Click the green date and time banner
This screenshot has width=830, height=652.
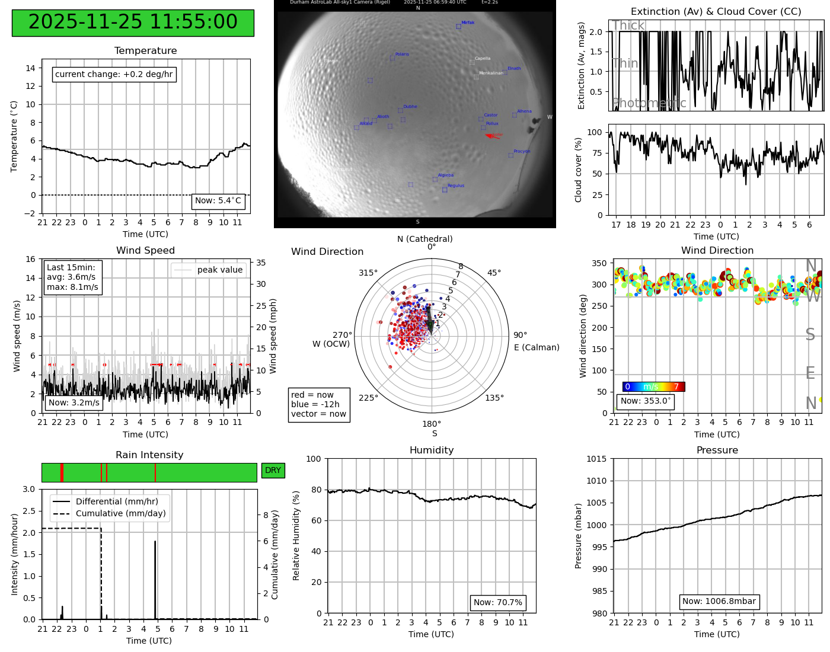click(133, 23)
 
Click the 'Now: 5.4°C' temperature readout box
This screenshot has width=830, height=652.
click(218, 201)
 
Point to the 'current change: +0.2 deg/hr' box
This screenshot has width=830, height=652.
click(114, 74)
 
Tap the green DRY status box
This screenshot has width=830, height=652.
click(273, 471)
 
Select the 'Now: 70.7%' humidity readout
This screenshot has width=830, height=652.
click(498, 603)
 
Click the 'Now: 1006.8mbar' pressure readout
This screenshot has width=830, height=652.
click(719, 602)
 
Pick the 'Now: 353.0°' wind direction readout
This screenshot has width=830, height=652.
click(646, 401)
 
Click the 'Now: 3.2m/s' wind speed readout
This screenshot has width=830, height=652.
click(74, 403)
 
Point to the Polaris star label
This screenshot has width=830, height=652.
click(402, 55)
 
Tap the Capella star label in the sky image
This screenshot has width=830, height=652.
click(483, 59)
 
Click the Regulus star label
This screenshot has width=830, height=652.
click(456, 186)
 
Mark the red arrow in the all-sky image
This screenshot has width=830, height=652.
click(493, 136)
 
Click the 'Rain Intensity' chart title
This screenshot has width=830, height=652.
click(149, 455)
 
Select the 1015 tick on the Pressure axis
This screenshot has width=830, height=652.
click(596, 459)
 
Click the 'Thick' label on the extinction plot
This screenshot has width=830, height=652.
click(628, 25)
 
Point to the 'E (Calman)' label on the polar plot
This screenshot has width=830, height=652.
click(537, 347)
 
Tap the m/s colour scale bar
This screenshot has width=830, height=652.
click(653, 387)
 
